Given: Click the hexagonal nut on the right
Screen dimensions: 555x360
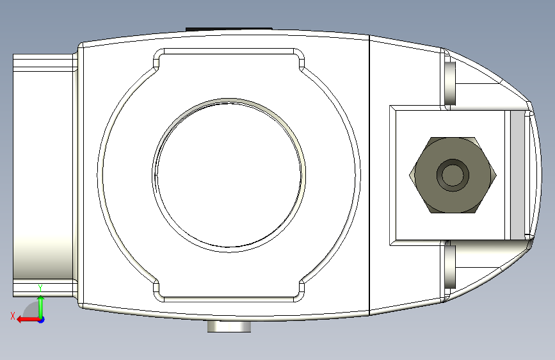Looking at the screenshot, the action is (x=453, y=175).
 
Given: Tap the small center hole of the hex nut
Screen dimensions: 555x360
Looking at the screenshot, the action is (x=453, y=175).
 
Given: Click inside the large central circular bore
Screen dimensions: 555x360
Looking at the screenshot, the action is (x=229, y=175).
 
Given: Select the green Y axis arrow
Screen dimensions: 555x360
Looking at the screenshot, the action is (x=41, y=307).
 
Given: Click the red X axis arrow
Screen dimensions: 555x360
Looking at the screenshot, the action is (x=29, y=320).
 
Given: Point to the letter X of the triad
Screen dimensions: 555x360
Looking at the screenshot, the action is (x=13, y=316).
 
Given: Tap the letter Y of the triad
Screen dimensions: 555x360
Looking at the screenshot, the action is (x=40, y=288).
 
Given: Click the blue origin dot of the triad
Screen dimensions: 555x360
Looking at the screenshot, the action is (x=42, y=320).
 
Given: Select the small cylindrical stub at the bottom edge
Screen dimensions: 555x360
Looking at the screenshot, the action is (x=229, y=326).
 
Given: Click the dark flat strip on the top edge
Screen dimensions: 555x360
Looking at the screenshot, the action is (x=229, y=29).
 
